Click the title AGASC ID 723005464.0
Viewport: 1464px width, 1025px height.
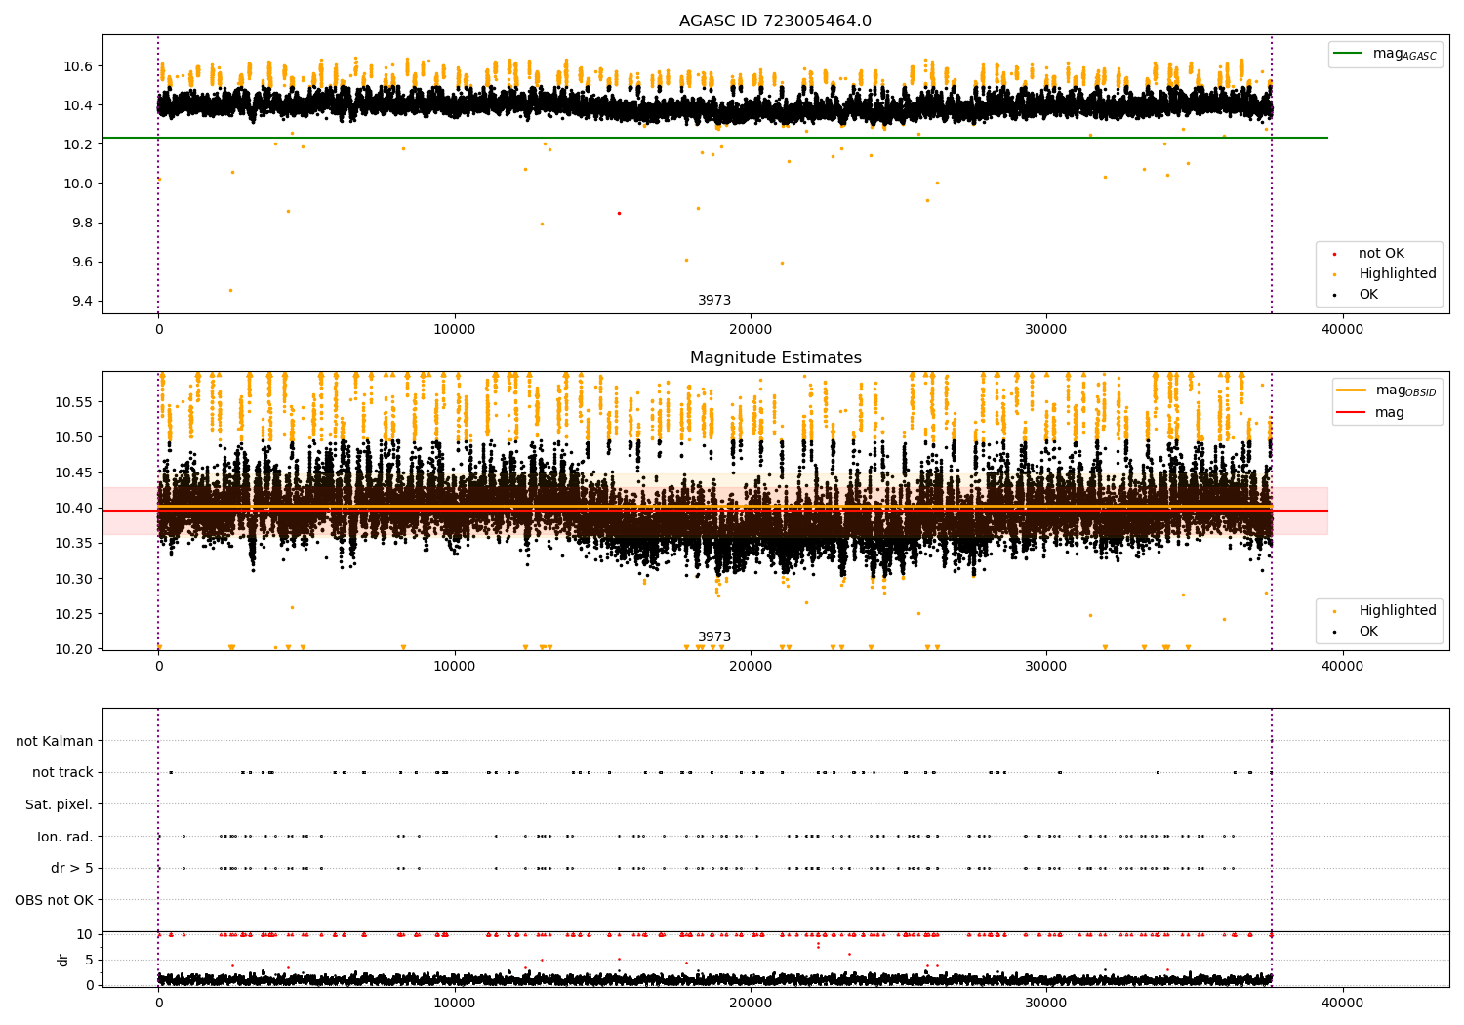click(775, 21)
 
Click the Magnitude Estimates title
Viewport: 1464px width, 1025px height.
click(775, 358)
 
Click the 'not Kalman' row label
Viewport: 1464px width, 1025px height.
click(55, 741)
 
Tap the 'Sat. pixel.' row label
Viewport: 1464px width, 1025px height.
click(59, 804)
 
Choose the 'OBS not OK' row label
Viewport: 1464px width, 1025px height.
click(54, 900)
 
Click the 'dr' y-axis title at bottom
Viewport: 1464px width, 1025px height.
click(63, 960)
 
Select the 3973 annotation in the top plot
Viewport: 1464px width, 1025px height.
click(714, 301)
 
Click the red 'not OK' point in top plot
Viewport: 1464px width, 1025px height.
click(619, 213)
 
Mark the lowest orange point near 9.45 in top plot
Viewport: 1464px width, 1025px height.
click(230, 290)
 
